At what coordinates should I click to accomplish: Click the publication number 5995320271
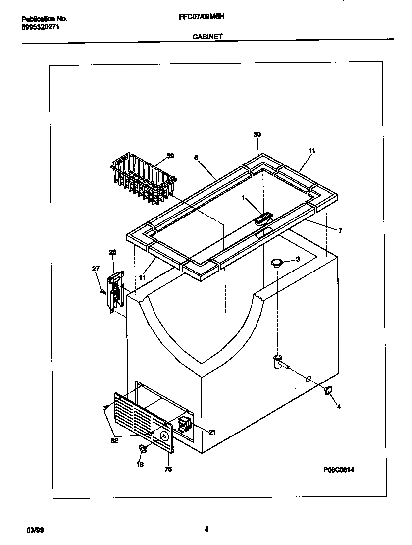click(x=41, y=27)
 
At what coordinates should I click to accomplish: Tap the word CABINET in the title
click(x=206, y=36)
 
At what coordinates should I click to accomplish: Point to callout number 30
click(x=257, y=135)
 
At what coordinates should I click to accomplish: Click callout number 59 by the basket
click(x=170, y=156)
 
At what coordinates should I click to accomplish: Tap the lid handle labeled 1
click(x=263, y=218)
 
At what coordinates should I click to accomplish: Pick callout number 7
click(x=340, y=230)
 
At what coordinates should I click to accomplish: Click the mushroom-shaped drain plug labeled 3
click(x=277, y=262)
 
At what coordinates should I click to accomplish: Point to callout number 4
click(x=339, y=407)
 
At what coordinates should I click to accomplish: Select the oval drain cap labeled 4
click(x=327, y=391)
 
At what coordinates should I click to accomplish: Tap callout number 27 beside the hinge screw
click(x=96, y=269)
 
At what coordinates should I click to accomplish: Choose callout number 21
click(x=212, y=432)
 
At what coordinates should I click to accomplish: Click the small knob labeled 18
click(x=143, y=449)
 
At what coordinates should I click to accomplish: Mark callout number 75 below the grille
click(x=168, y=469)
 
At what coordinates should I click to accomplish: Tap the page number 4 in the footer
click(x=206, y=529)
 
